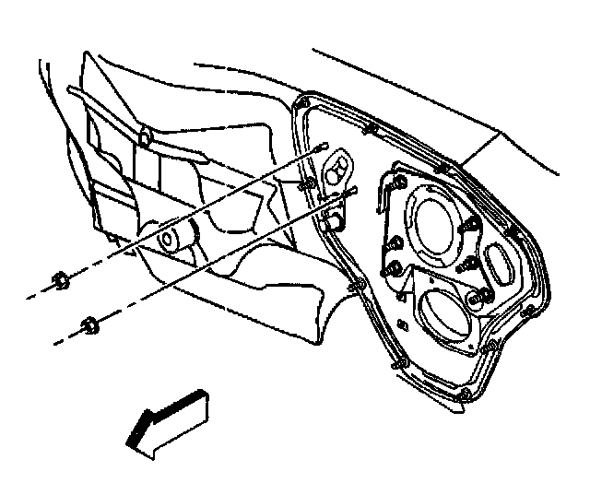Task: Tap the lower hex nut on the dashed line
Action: (x=89, y=325)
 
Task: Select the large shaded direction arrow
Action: (x=171, y=422)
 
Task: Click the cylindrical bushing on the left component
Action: (x=172, y=240)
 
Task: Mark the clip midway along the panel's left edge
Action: (x=353, y=291)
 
